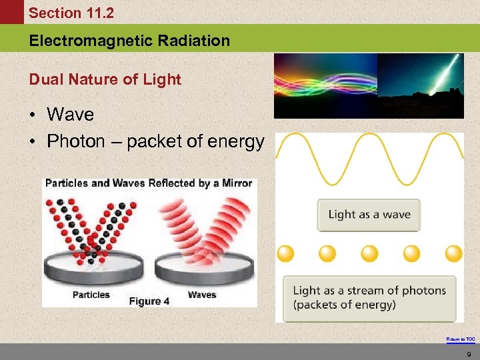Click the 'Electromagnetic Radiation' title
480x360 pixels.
click(129, 41)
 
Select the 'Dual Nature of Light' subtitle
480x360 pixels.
click(105, 79)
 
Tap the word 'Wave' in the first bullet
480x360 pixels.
click(70, 114)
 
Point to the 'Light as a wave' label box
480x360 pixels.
click(369, 215)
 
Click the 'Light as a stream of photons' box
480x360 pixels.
click(369, 297)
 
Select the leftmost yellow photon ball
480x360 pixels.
click(285, 253)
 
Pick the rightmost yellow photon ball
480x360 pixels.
click(453, 253)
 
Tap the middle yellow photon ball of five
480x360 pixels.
click(369, 253)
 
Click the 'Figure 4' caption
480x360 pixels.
click(149, 301)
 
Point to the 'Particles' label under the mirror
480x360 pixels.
click(91, 295)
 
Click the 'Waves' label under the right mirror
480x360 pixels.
click(201, 295)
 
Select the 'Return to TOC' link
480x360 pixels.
click(461, 339)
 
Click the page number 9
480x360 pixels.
click(469, 354)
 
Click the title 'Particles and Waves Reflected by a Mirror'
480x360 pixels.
click(148, 183)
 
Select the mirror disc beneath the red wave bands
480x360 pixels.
click(204, 267)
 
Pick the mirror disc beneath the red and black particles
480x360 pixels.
click(93, 267)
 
